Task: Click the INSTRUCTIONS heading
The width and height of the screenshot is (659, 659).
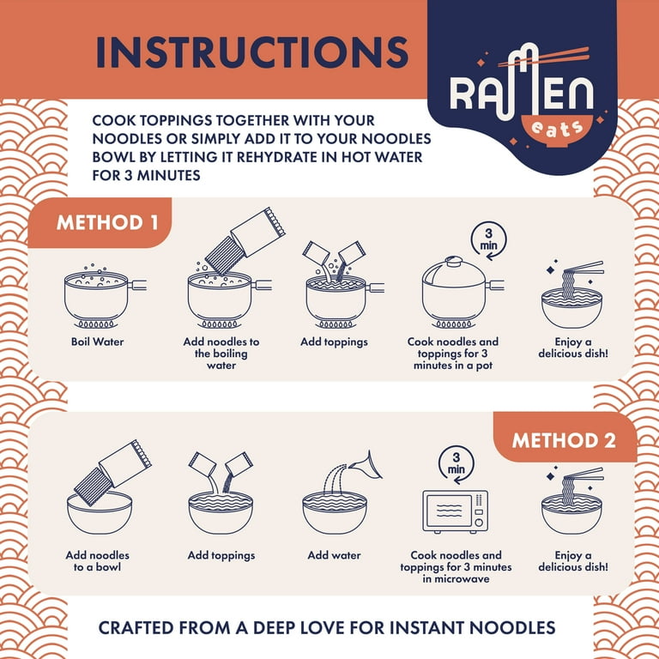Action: click(x=252, y=52)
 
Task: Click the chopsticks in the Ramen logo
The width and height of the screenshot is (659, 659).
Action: click(x=543, y=57)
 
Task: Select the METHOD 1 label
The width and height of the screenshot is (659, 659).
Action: click(x=107, y=223)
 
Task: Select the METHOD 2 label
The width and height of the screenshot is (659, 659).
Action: click(x=564, y=440)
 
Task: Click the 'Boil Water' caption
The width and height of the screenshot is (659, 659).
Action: click(x=98, y=342)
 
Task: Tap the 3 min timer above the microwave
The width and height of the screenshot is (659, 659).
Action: click(x=456, y=464)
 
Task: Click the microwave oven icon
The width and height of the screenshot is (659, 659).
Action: click(x=455, y=511)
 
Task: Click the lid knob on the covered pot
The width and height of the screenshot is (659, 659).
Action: click(x=454, y=261)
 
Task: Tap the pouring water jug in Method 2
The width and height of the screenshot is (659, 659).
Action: click(x=366, y=466)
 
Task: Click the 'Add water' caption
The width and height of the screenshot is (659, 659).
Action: click(x=334, y=555)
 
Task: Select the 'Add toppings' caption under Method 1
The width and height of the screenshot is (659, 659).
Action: click(x=334, y=342)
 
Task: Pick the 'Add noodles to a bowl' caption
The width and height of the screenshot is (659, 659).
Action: click(x=98, y=561)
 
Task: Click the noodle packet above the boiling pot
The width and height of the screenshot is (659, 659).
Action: click(x=245, y=241)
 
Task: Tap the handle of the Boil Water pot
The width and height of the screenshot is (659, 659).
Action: click(x=137, y=285)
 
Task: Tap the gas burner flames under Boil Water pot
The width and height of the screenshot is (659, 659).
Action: click(x=96, y=324)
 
